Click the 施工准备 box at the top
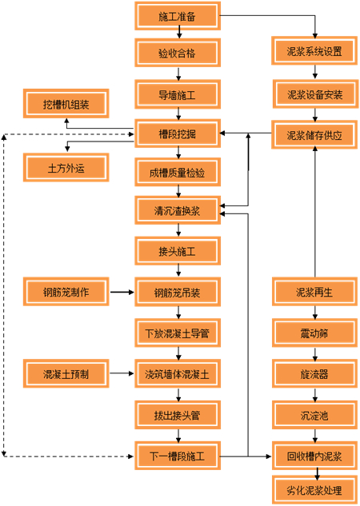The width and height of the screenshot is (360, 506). pyautogui.click(x=177, y=14)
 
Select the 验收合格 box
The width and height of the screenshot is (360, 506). pyautogui.click(x=177, y=54)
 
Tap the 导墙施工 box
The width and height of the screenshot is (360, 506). pyautogui.click(x=177, y=94)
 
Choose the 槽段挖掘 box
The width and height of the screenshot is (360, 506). pyautogui.click(x=177, y=133)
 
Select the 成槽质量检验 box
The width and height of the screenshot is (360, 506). pyautogui.click(x=177, y=172)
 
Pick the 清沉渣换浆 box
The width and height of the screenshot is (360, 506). pyautogui.click(x=177, y=211)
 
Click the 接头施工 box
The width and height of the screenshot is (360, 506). pyautogui.click(x=177, y=252)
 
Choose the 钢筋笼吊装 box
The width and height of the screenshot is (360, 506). pyautogui.click(x=177, y=292)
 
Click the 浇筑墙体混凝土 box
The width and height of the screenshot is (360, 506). pyautogui.click(x=177, y=373)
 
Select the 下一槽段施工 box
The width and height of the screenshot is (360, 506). pyautogui.click(x=177, y=456)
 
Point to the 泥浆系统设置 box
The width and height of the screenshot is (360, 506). pyautogui.click(x=314, y=53)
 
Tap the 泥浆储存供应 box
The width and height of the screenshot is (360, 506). pyautogui.click(x=314, y=134)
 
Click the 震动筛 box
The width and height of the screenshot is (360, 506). pyautogui.click(x=314, y=332)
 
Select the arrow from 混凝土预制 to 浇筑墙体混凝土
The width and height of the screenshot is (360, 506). pyautogui.click(x=121, y=373)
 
